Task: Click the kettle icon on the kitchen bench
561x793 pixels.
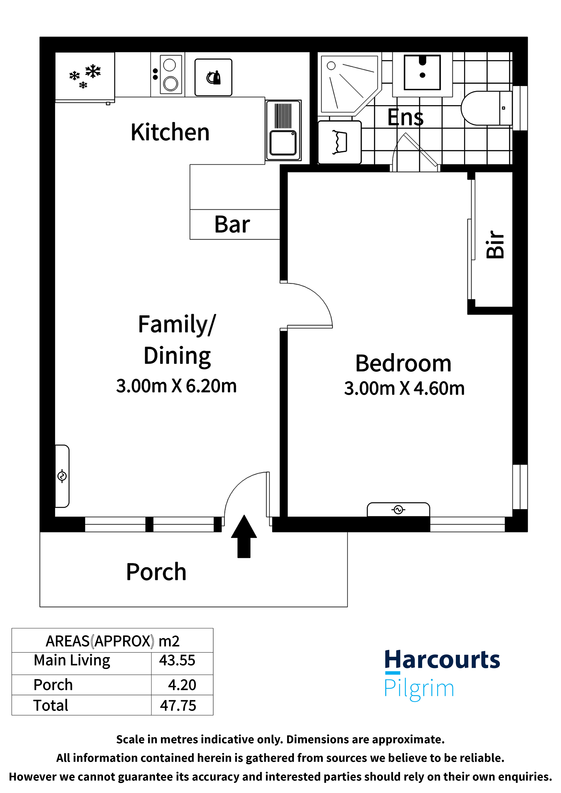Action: (213, 77)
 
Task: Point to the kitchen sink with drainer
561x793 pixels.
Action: (283, 130)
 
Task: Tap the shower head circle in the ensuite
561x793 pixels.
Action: (331, 66)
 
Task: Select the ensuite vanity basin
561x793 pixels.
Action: (422, 73)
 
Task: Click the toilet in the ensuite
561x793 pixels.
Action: (486, 108)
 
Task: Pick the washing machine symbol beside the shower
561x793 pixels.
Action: (340, 142)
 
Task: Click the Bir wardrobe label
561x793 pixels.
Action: (495, 244)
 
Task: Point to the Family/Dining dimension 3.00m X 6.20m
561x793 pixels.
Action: (176, 386)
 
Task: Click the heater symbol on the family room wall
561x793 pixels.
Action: (62, 476)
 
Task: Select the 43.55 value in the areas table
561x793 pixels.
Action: (177, 660)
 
